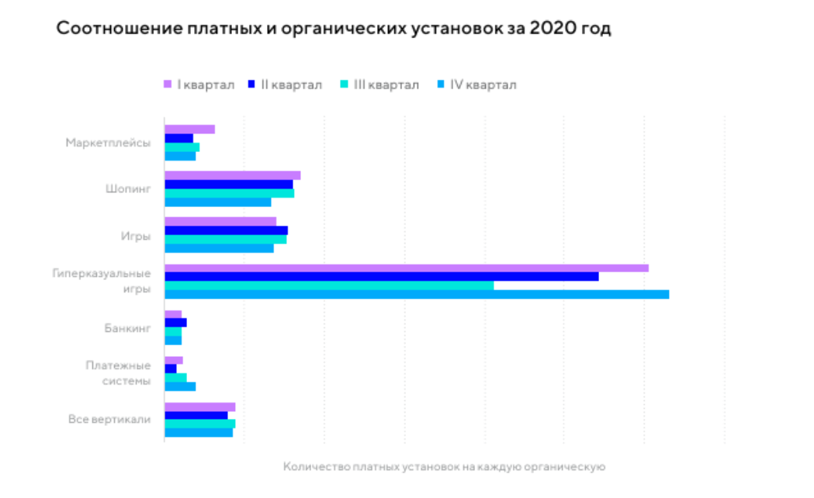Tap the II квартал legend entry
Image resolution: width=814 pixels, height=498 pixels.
pyautogui.click(x=286, y=85)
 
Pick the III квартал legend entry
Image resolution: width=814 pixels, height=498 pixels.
pyautogui.click(x=380, y=85)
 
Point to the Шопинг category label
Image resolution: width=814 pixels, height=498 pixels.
pyautogui.click(x=128, y=188)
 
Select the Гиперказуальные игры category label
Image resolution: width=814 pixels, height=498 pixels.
pyautogui.click(x=102, y=281)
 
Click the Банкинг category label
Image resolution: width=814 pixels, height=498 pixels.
pyautogui.click(x=127, y=327)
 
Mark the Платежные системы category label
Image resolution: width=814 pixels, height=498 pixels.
pyautogui.click(x=118, y=373)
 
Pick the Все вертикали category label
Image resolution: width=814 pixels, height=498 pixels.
pyautogui.click(x=109, y=420)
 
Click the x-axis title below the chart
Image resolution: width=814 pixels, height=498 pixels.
pyautogui.click(x=444, y=466)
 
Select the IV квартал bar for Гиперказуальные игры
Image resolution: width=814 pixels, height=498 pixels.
pyautogui.click(x=417, y=295)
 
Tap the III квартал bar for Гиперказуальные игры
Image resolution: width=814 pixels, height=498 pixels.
pyautogui.click(x=329, y=285)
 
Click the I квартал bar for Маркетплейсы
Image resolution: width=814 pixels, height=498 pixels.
pyautogui.click(x=189, y=130)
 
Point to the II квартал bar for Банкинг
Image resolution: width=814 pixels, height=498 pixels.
pyautogui.click(x=175, y=323)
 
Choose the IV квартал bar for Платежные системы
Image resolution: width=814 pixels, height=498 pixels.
pyautogui.click(x=180, y=386)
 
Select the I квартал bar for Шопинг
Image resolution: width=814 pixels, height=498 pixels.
pyautogui.click(x=232, y=175)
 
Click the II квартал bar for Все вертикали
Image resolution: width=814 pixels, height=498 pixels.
pyautogui.click(x=196, y=415)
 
